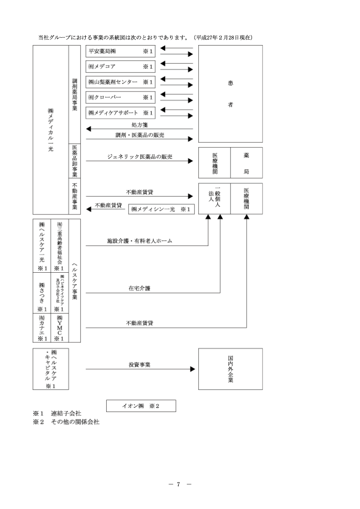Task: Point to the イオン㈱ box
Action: tap(141, 406)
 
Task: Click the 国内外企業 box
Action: tap(230, 369)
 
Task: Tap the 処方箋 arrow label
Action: tap(139, 124)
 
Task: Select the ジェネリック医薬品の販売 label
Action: tap(137, 157)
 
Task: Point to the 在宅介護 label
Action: tap(139, 288)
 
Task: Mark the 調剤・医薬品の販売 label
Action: tap(139, 135)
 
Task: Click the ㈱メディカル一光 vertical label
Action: tap(51, 132)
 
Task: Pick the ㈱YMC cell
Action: tap(59, 326)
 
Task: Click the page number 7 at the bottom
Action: tap(180, 484)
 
